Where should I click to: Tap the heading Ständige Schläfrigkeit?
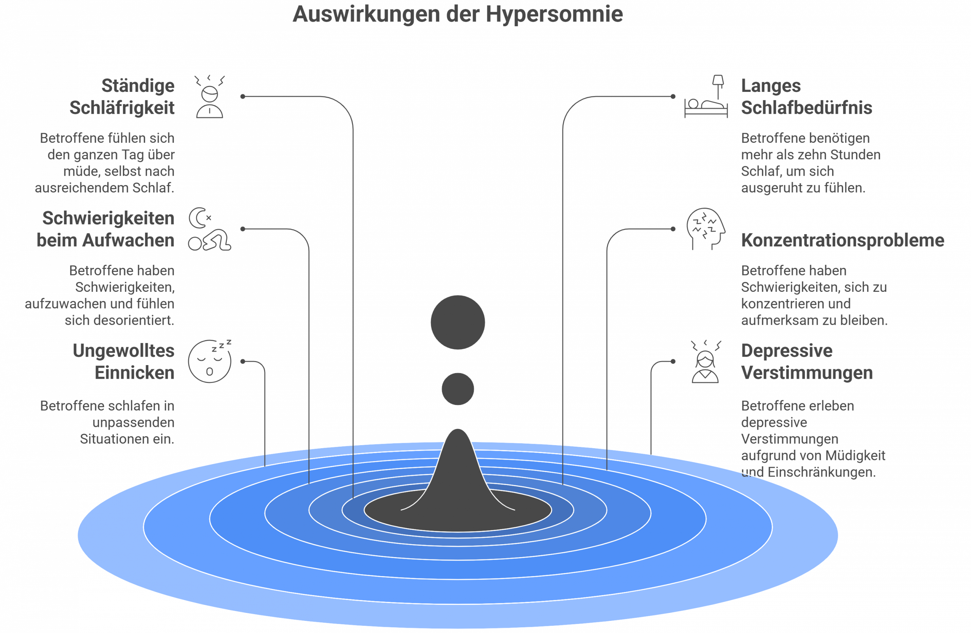coord(122,97)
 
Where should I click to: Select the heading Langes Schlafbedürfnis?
coord(807,97)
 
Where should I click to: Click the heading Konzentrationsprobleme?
coord(842,240)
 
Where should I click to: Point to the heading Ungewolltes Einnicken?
coord(124,362)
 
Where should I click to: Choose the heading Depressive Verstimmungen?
coord(807,362)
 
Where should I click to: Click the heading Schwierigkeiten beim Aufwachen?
coord(106,229)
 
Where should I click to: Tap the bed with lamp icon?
coord(706,96)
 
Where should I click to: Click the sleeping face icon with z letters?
coord(210,361)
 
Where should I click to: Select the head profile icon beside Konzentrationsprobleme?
coord(706,228)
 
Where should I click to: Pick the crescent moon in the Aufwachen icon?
coord(198,217)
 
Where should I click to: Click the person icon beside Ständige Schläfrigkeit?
coord(210,97)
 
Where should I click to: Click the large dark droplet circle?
coord(458,323)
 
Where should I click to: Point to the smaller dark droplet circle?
coord(458,389)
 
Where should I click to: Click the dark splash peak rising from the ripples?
coord(458,469)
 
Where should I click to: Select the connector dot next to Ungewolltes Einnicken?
coord(243,361)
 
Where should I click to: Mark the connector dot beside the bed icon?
coord(673,96)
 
